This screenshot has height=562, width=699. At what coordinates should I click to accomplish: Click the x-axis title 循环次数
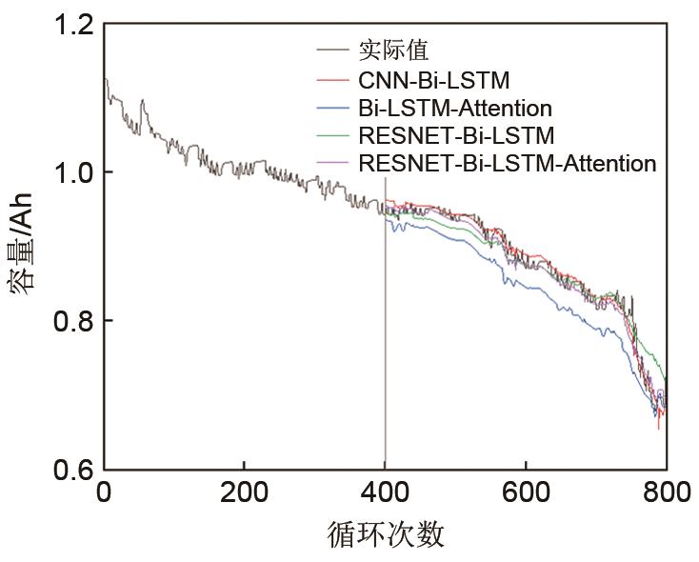(x=385, y=534)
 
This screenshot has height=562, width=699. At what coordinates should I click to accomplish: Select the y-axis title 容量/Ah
(x=23, y=244)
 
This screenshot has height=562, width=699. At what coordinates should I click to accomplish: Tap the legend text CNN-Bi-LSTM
(x=435, y=78)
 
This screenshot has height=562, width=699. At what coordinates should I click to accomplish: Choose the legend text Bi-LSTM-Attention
(x=455, y=107)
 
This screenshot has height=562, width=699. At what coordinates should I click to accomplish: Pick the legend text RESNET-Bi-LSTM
(x=456, y=135)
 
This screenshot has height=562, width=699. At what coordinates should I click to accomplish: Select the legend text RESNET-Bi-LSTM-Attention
(x=507, y=164)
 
